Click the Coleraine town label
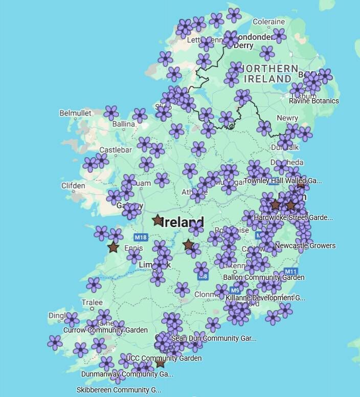pos(268,21)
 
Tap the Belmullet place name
pos(75,113)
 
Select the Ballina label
pos(124,124)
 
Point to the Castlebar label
pos(116,150)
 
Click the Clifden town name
pos(73,186)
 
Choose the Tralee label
pos(92,302)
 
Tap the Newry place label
pos(287,118)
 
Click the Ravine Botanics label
pos(313,101)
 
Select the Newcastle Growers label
pos(305,246)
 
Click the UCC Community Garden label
pos(164,358)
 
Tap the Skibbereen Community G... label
pos(119,390)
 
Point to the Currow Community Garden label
pos(105,330)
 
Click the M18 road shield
pos(141,237)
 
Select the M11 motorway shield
pos(290,271)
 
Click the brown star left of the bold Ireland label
pos(157,220)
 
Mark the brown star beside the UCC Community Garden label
pos(160,363)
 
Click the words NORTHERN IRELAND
pos(271,74)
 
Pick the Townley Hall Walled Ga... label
pos(283,181)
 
